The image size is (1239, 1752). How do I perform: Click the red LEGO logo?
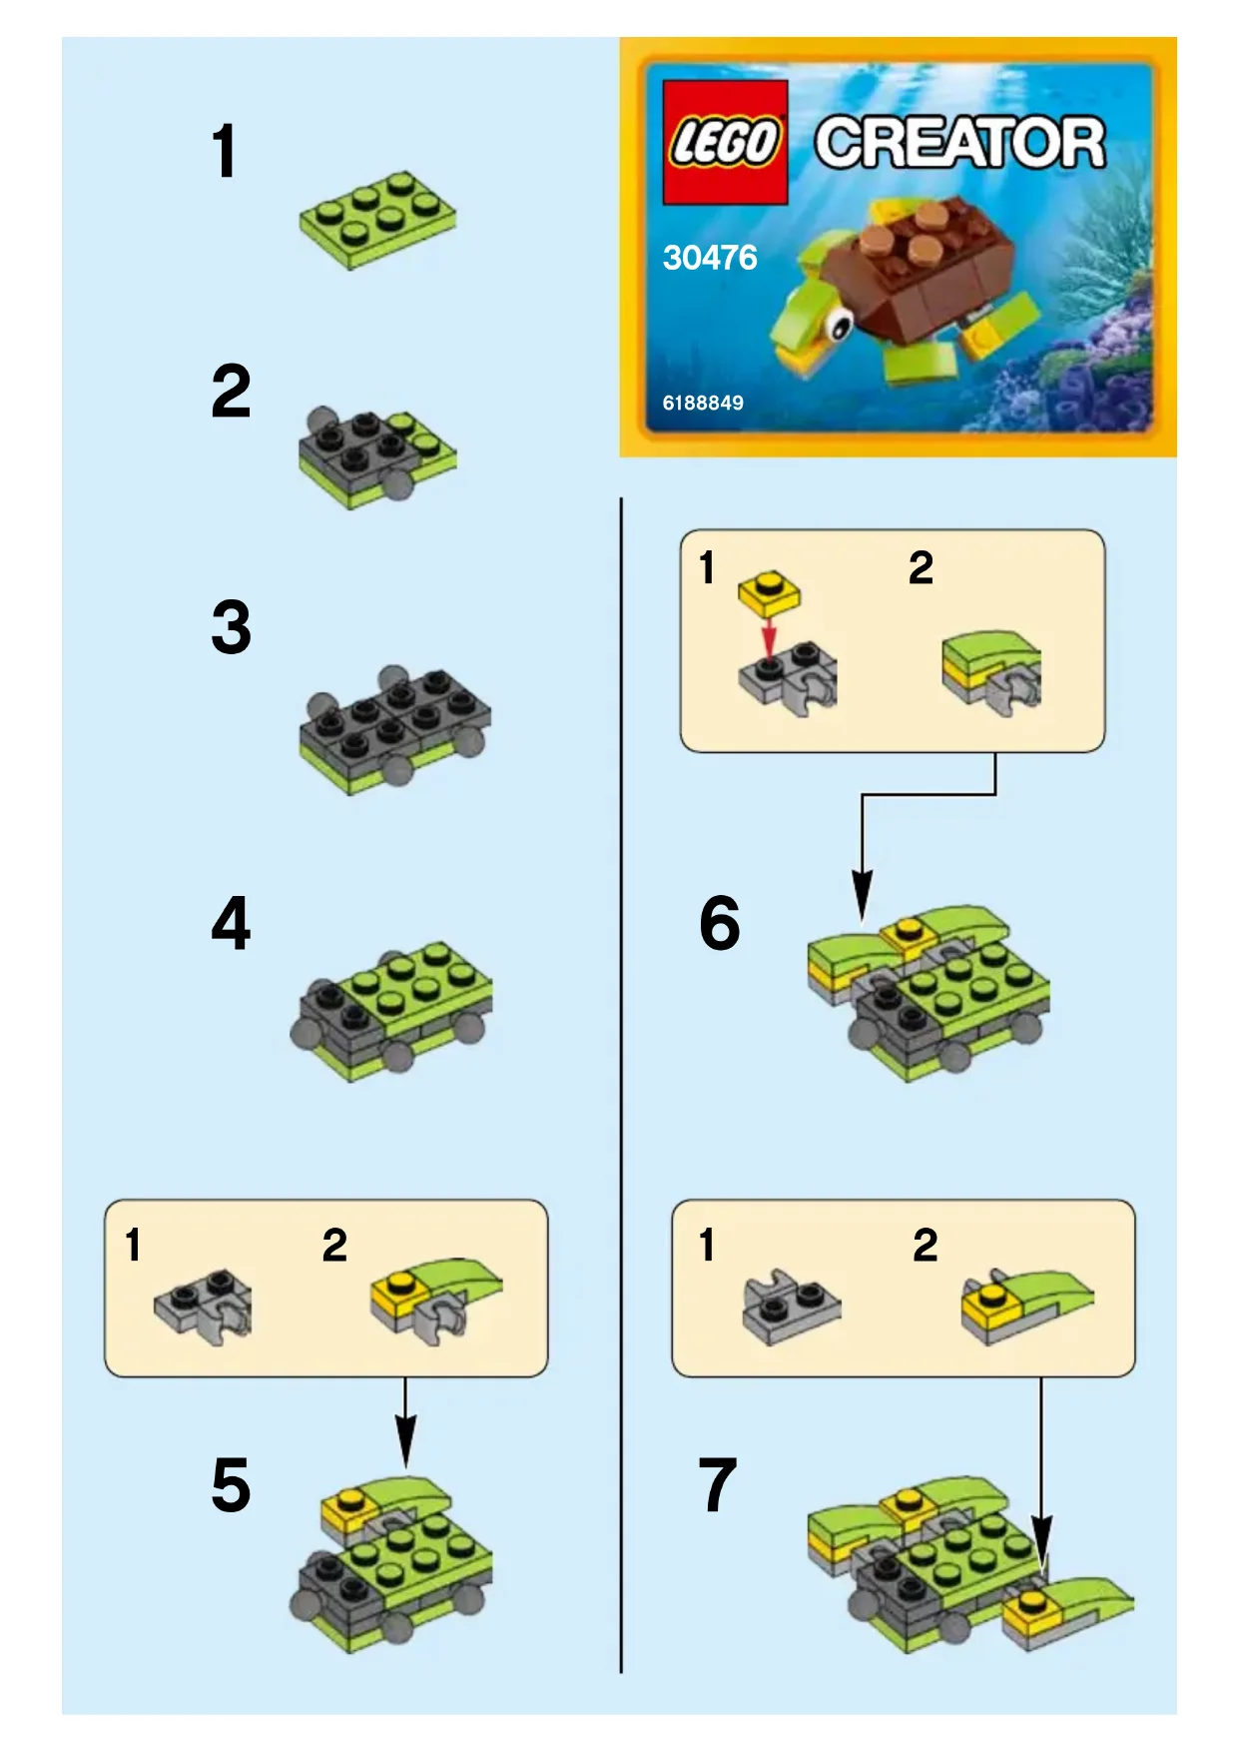(x=725, y=142)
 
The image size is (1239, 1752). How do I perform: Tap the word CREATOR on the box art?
(x=960, y=143)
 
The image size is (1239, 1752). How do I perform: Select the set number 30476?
(x=710, y=258)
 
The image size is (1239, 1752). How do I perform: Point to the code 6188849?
(x=703, y=403)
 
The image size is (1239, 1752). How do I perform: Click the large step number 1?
(x=225, y=151)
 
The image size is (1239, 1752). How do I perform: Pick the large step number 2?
(x=231, y=391)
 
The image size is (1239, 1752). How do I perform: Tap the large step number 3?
(x=231, y=627)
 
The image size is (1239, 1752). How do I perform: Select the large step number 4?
(x=231, y=923)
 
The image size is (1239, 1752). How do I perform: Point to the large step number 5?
(x=231, y=1485)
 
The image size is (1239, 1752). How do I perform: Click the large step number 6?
(x=719, y=923)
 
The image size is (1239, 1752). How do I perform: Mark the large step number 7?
(x=718, y=1485)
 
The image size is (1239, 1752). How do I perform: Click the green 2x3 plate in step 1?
(x=377, y=219)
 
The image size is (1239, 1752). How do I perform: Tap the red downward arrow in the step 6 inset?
(x=768, y=636)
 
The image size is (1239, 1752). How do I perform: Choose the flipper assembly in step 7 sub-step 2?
(x=1027, y=1305)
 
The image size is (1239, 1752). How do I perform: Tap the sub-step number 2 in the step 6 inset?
(x=921, y=567)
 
